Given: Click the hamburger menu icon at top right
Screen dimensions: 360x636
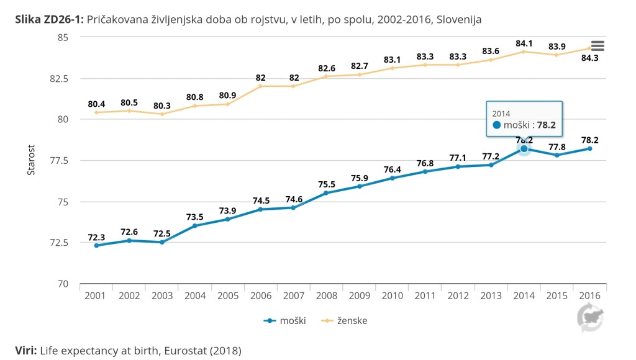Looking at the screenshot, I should point(597,46).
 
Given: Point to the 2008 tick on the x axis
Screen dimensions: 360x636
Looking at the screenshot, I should point(326,296).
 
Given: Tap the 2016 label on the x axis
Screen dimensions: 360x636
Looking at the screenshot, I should point(589,296).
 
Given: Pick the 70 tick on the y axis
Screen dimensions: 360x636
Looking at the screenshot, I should point(63,284).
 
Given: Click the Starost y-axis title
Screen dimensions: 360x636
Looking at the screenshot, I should point(31,160).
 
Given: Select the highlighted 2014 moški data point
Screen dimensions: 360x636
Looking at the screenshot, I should point(524,148).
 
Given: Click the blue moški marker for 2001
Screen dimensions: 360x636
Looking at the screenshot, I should point(96,245).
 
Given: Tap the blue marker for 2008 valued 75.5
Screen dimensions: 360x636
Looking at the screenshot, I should point(326,193).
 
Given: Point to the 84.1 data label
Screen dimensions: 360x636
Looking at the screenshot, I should point(524,43).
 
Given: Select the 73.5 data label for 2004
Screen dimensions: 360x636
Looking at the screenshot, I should point(195,217).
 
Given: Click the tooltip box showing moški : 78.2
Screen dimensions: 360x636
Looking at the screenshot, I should point(524,119).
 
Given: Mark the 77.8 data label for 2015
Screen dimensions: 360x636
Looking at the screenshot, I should point(556,146).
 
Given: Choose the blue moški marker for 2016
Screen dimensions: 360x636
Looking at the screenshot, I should point(589,148).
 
